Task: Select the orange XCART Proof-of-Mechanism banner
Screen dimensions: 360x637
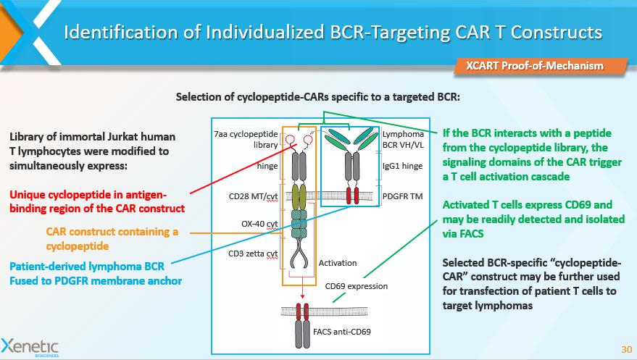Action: [x=534, y=66]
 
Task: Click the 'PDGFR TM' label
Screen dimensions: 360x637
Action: [x=403, y=195]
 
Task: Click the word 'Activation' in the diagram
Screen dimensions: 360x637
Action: [x=338, y=263]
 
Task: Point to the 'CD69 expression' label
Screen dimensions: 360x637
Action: [x=356, y=286]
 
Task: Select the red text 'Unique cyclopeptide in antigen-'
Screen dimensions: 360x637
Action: [x=99, y=194]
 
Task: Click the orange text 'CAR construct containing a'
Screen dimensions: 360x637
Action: [x=112, y=231]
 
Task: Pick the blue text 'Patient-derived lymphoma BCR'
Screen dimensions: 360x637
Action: [x=91, y=267]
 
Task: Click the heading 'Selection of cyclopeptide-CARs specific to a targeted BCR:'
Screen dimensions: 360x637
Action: [x=318, y=97]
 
